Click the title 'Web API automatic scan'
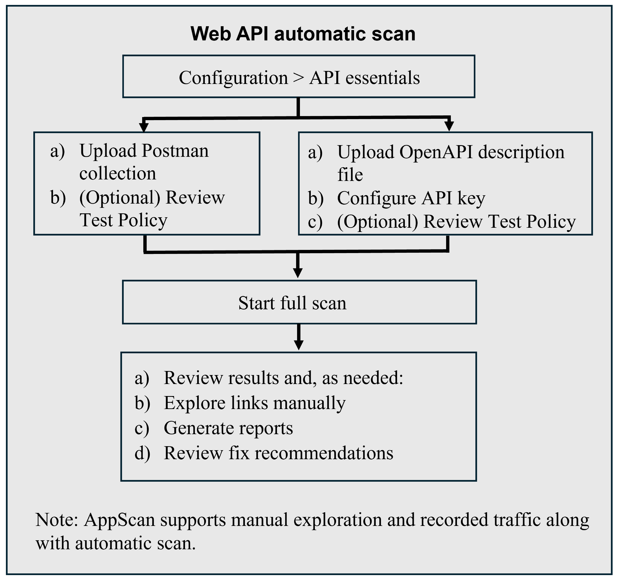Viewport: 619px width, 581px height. tap(303, 34)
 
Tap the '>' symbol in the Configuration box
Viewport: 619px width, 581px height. tap(298, 78)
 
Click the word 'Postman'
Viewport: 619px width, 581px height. tap(175, 151)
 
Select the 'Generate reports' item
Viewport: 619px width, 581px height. tap(228, 428)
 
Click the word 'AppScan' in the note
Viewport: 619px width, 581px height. tap(119, 520)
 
